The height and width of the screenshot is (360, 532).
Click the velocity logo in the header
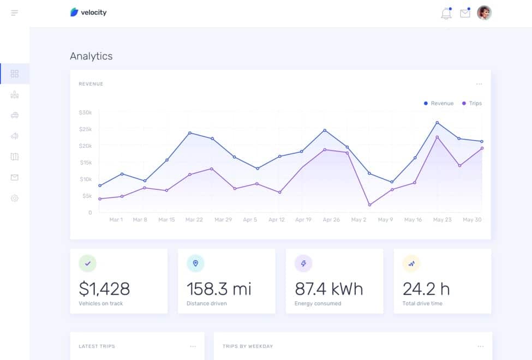pyautogui.click(x=88, y=12)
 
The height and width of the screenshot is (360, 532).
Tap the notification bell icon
pyautogui.click(x=446, y=14)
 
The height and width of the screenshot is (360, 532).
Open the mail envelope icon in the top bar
pyautogui.click(x=465, y=13)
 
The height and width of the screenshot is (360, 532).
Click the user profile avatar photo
pyautogui.click(x=484, y=13)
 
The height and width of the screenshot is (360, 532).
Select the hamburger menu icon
pyautogui.click(x=14, y=13)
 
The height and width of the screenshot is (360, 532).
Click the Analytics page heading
pyautogui.click(x=91, y=56)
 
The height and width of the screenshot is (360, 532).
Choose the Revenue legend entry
pyautogui.click(x=439, y=103)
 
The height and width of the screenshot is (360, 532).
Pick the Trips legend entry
pyautogui.click(x=472, y=103)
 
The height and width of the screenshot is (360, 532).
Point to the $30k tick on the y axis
pyautogui.click(x=85, y=112)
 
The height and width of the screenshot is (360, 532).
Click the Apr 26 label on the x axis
pyautogui.click(x=331, y=219)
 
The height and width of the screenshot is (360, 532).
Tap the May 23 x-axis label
pyautogui.click(x=442, y=219)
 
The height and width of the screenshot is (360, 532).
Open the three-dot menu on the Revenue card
pyautogui.click(x=479, y=84)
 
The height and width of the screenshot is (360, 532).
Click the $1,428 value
pyautogui.click(x=104, y=289)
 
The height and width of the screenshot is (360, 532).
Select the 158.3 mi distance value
pyautogui.click(x=219, y=289)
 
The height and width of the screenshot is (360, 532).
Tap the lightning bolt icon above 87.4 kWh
pyautogui.click(x=303, y=263)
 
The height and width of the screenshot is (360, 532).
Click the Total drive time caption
pyautogui.click(x=422, y=303)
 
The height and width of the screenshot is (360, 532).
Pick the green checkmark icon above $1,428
pyautogui.click(x=87, y=263)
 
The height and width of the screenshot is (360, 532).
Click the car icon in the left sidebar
pyautogui.click(x=15, y=115)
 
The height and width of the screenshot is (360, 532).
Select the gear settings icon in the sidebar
pyautogui.click(x=15, y=198)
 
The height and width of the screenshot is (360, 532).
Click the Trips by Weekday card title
pyautogui.click(x=248, y=346)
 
